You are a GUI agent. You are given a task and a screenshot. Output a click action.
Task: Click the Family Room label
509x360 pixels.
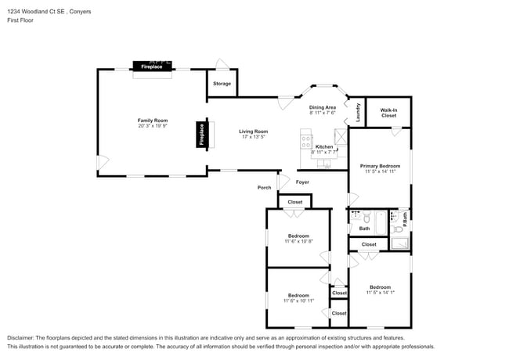point(153,121)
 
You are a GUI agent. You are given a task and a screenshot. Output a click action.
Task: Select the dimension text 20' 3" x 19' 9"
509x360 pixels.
point(153,126)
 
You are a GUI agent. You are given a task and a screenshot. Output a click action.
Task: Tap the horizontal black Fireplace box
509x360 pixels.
point(152,67)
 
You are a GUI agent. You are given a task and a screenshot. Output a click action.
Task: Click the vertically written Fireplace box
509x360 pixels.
point(201,135)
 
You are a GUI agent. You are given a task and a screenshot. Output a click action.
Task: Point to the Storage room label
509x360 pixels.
point(222,83)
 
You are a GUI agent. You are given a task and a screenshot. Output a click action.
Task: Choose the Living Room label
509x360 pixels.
point(253,131)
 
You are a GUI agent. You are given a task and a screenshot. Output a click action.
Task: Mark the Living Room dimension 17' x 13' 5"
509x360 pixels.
point(253,137)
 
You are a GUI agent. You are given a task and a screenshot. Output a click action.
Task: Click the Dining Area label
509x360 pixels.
point(322,107)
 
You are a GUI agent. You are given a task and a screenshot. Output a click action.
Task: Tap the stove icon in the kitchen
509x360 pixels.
point(305,141)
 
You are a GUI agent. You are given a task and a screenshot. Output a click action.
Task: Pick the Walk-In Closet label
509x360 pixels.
point(388,113)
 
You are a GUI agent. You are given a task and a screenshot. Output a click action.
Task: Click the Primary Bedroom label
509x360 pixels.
point(380,166)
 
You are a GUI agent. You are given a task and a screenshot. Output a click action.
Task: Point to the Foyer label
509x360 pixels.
point(302,182)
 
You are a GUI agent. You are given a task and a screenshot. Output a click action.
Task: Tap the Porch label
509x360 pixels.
point(264,188)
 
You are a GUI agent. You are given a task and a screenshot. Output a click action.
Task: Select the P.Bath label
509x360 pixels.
point(404,221)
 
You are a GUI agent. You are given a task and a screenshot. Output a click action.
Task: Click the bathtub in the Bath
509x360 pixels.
point(382,223)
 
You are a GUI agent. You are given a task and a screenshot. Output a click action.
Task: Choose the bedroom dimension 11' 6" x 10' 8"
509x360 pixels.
point(298,241)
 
